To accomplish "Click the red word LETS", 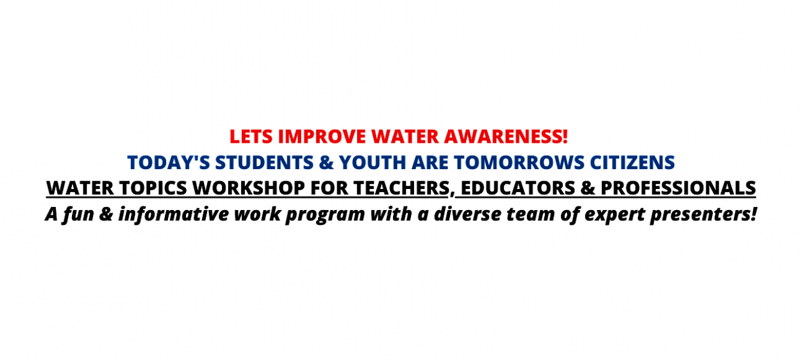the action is [x=251, y=137].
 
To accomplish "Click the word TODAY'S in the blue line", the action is [x=169, y=163].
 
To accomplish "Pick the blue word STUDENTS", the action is [x=265, y=163].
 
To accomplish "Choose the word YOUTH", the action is [x=373, y=163].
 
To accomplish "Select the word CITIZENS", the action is [x=632, y=163].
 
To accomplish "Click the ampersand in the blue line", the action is [x=326, y=163].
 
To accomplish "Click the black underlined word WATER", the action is [x=80, y=188].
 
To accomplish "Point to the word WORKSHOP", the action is [x=249, y=188].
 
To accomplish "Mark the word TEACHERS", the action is [x=401, y=188].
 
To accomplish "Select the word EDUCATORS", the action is [x=518, y=188].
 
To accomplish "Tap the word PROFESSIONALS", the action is [x=679, y=188].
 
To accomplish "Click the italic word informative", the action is [x=174, y=214].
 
